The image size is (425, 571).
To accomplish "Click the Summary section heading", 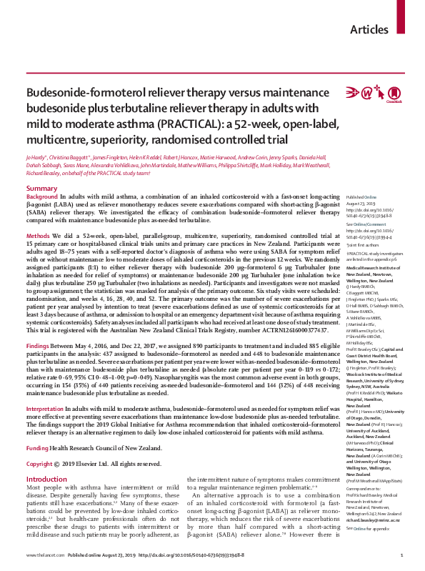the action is pyautogui.click(x=41, y=188).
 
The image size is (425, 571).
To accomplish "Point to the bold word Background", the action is pyautogui.click(x=42, y=197).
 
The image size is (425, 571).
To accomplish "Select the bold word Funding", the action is pyautogui.click(x=39, y=407).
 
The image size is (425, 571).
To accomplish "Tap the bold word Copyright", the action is pyautogui.click(x=41, y=423).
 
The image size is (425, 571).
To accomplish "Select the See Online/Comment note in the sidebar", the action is pyautogui.click(x=364, y=224).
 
